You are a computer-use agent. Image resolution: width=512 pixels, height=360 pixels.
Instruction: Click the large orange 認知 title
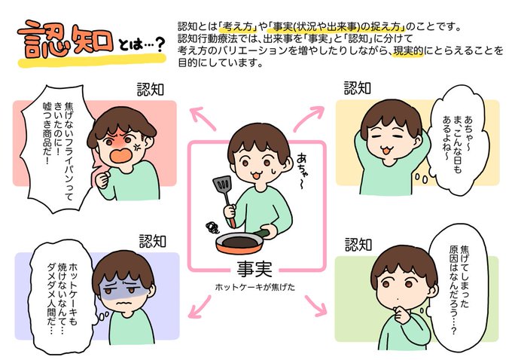[66, 40]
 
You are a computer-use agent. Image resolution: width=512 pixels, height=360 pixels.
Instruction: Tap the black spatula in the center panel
[224, 200]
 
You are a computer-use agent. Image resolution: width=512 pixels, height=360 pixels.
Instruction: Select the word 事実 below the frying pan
[254, 269]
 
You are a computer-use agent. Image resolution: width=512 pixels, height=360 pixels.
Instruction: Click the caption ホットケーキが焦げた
[255, 287]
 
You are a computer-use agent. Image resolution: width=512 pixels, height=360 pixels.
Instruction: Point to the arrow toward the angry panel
[203, 118]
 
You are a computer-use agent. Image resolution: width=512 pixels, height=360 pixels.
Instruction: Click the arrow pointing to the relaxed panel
[308, 118]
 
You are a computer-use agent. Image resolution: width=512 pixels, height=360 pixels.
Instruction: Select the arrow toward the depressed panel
[200, 307]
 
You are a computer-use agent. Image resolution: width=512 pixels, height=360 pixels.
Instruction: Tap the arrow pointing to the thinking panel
[315, 306]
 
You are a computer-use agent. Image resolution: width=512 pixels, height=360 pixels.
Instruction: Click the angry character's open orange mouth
[121, 155]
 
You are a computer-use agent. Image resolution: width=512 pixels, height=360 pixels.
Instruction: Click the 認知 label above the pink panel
[150, 90]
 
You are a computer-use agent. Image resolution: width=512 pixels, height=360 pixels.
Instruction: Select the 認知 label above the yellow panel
[357, 88]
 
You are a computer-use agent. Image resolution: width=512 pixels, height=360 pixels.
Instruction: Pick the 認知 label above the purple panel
[153, 241]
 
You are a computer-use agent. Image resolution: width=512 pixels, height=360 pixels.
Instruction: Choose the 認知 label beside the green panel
[358, 244]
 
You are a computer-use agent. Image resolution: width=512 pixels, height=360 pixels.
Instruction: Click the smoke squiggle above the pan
[213, 227]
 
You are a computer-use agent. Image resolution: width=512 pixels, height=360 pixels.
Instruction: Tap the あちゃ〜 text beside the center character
[302, 170]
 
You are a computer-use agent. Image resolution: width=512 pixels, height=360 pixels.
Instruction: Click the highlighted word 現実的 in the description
[408, 51]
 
